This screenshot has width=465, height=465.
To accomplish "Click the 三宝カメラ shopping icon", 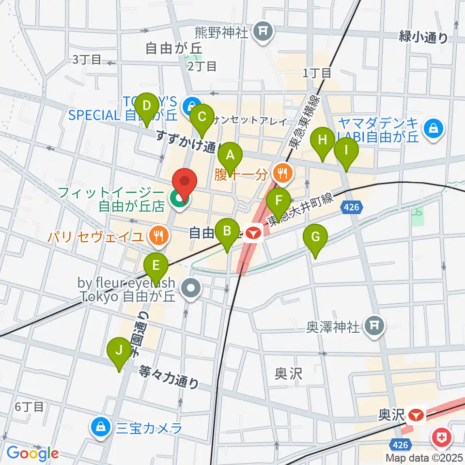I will tap(100, 428).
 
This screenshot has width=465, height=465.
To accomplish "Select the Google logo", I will tap(33, 453).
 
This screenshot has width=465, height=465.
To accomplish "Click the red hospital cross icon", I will tap(441, 439).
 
